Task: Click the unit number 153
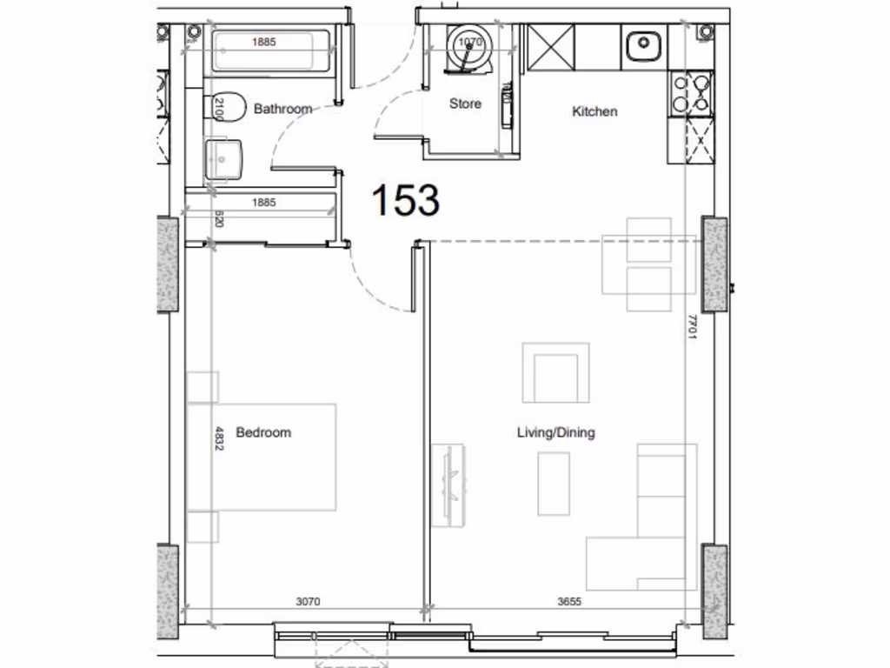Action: point(405,200)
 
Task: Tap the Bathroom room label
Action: point(282,110)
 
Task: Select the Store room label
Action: point(465,104)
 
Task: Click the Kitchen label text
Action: point(594,111)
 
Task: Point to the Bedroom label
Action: point(263,432)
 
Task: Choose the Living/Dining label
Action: point(556,432)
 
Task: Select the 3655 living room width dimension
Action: point(569,601)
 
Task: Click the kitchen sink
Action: point(643,43)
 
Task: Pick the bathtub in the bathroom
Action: point(271,52)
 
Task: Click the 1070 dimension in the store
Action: point(469,42)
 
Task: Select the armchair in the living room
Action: point(555,373)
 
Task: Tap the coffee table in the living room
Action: point(553,483)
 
